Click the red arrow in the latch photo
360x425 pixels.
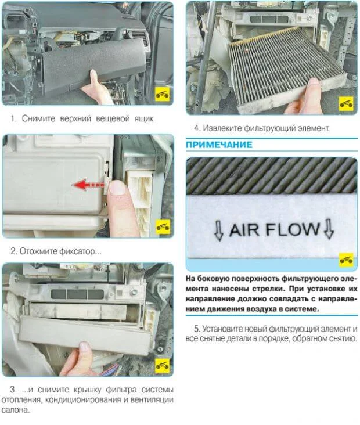coord(88,185)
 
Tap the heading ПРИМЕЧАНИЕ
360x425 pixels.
coord(219,145)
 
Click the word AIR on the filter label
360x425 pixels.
coord(244,230)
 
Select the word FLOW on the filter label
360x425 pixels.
coord(293,229)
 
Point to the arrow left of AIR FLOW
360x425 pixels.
coord(219,230)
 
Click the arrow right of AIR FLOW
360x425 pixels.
coord(329,229)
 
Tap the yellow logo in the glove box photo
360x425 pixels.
coord(163,94)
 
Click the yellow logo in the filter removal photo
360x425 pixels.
coord(346,103)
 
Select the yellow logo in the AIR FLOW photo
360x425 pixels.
coord(346,260)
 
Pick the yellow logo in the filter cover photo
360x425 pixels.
coord(163,365)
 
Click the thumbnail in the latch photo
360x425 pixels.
coord(117,188)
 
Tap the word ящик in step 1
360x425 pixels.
coord(144,118)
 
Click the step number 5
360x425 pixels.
coord(197,329)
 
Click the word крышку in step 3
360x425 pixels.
coord(88,390)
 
